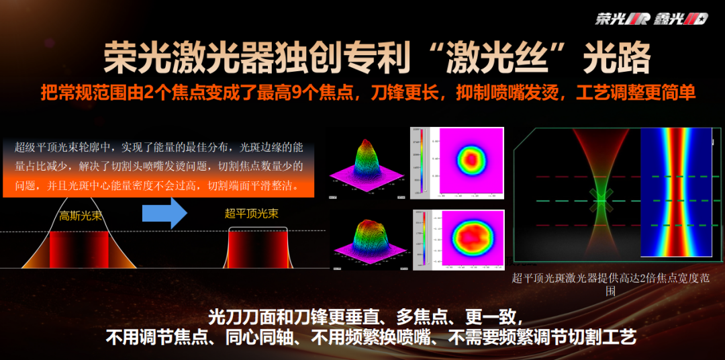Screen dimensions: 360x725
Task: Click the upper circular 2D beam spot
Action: (x=470, y=160)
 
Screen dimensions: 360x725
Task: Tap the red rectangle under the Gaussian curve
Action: (x=79, y=250)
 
